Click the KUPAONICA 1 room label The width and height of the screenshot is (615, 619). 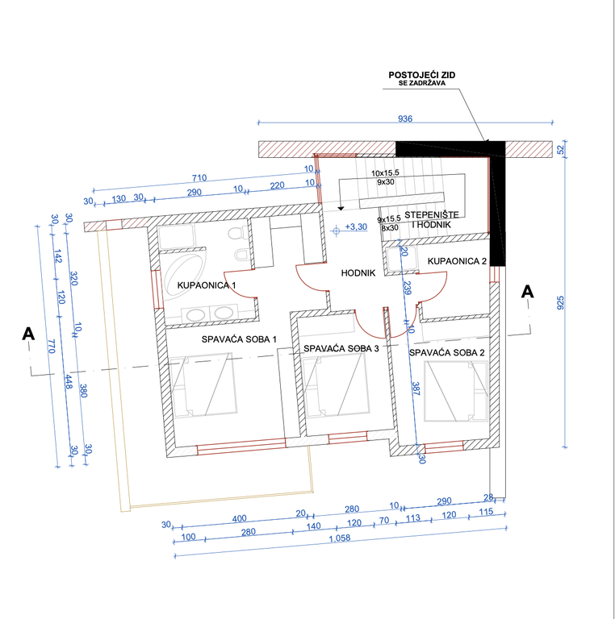[x=207, y=285]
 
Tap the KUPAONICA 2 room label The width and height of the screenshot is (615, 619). [x=457, y=261]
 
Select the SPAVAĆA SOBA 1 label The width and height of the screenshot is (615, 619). [x=239, y=339]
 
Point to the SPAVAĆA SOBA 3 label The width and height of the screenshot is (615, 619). [x=341, y=348]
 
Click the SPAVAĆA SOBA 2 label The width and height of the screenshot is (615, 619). [x=446, y=352]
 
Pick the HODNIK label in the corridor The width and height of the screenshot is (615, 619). [x=358, y=272]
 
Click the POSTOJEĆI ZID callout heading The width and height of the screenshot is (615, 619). [x=422, y=75]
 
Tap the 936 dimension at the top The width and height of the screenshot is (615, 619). [x=405, y=118]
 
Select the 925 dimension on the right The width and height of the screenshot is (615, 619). [x=560, y=302]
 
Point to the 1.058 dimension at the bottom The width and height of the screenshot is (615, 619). [x=340, y=538]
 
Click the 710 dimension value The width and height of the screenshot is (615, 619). [x=199, y=178]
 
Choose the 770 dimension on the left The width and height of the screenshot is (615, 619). [x=52, y=347]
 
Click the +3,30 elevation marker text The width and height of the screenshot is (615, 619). [x=356, y=227]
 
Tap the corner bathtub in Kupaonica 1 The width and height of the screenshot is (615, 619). [x=183, y=276]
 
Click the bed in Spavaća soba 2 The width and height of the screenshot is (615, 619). [x=456, y=391]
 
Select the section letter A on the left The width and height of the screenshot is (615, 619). [x=28, y=334]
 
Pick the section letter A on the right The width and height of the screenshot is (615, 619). [x=527, y=292]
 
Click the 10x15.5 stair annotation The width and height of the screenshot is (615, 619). [x=385, y=173]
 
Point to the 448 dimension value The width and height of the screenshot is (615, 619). [x=68, y=382]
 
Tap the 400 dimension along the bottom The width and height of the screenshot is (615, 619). [x=239, y=518]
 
